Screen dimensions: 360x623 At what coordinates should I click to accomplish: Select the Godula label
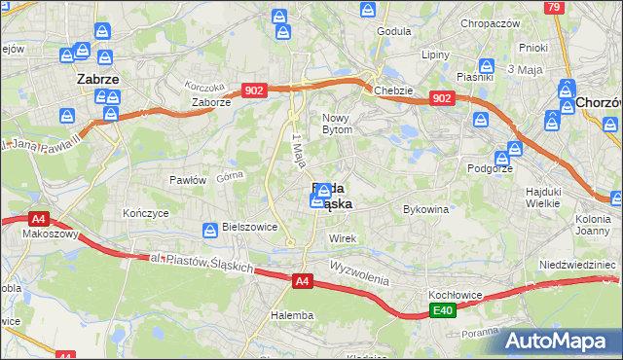394,31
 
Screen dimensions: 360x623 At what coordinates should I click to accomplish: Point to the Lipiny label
433,54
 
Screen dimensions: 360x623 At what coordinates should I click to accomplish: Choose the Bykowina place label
425,209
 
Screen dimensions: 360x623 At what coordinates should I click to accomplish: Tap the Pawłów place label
188,180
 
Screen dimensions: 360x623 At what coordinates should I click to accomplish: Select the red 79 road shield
555,7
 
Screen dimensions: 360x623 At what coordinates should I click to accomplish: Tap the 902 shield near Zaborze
254,90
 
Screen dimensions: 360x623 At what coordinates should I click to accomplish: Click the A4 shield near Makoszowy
38,219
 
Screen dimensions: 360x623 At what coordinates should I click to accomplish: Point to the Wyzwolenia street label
358,269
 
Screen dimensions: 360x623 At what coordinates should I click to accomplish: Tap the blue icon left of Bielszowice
209,231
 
